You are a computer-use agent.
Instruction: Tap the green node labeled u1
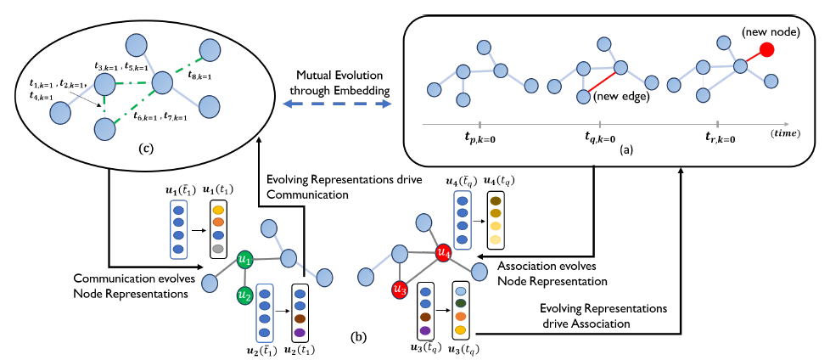coord(245,261)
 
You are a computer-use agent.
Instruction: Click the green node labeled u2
coord(244,295)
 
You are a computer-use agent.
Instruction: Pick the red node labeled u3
coord(400,290)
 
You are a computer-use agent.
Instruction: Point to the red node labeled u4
coord(442,253)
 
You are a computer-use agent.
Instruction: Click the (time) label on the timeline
coord(789,135)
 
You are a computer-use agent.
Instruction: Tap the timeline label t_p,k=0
coord(480,138)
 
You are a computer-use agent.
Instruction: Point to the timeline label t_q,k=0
coord(600,138)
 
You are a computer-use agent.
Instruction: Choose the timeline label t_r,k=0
coord(720,138)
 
